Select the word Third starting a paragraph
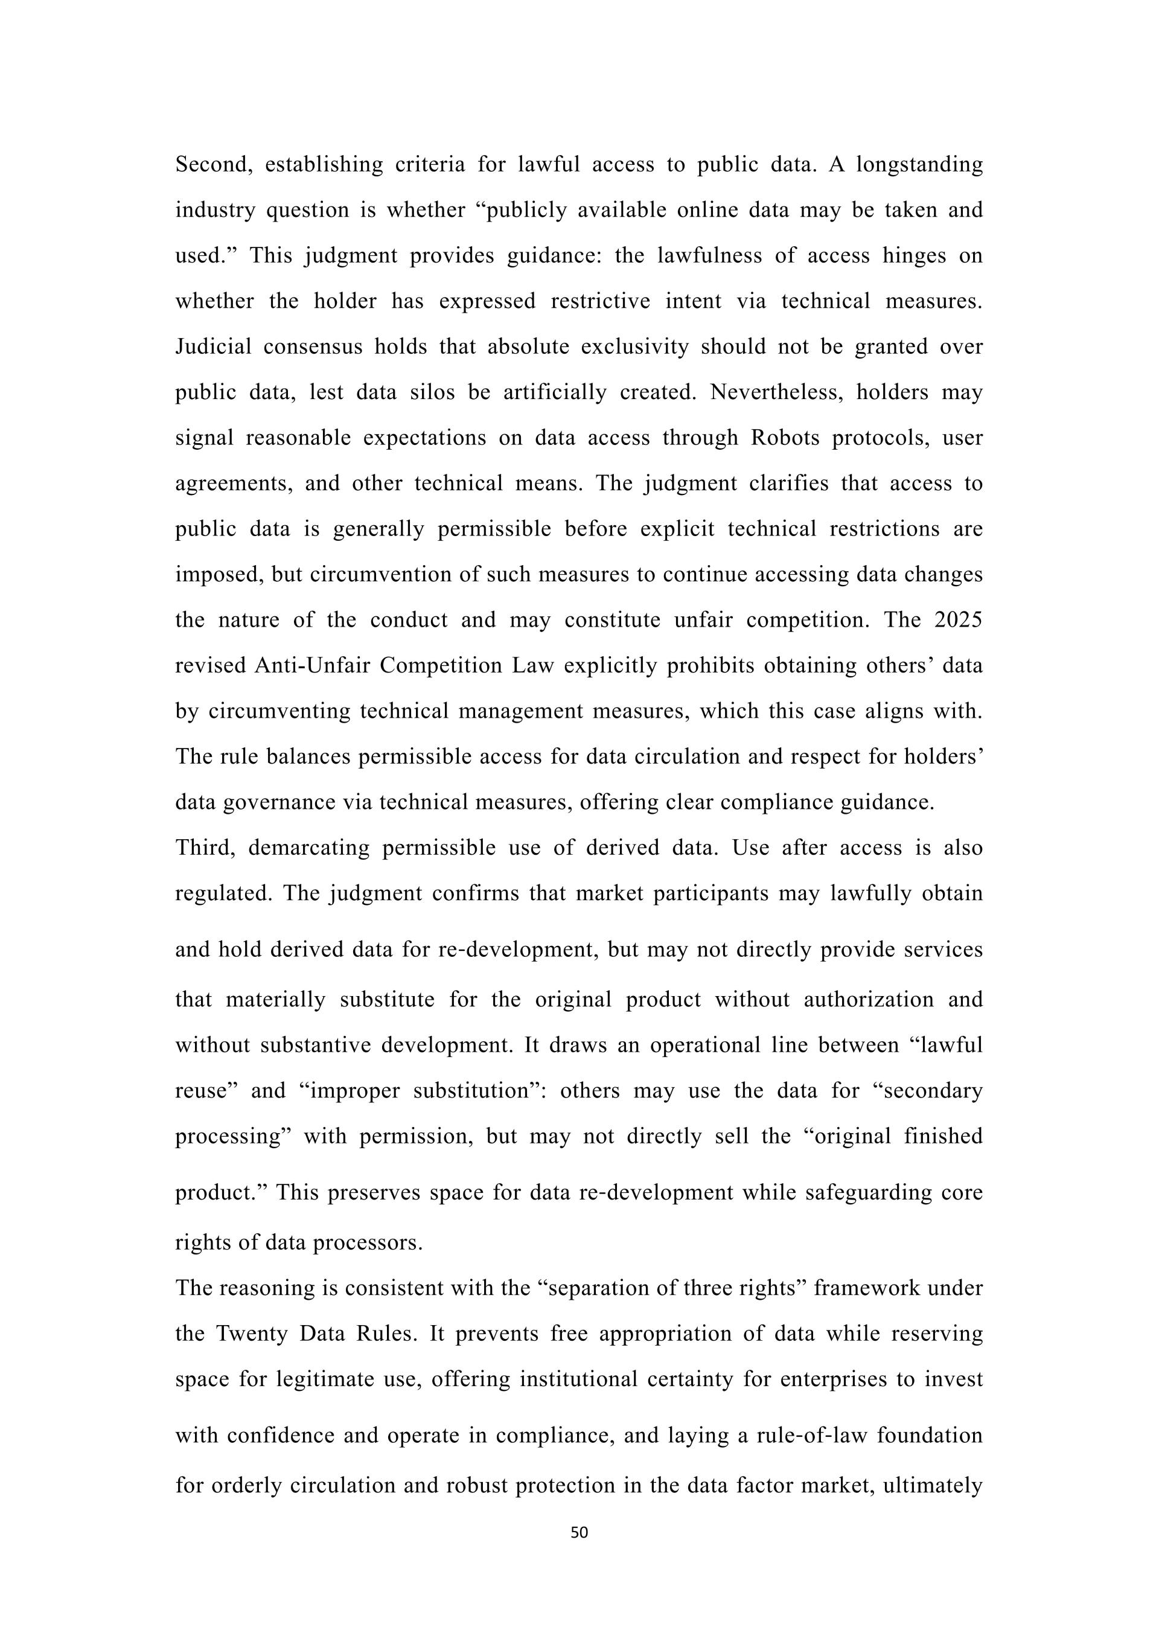tap(205, 848)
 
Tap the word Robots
tap(784, 438)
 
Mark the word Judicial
tap(213, 347)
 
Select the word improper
tap(348, 1091)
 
